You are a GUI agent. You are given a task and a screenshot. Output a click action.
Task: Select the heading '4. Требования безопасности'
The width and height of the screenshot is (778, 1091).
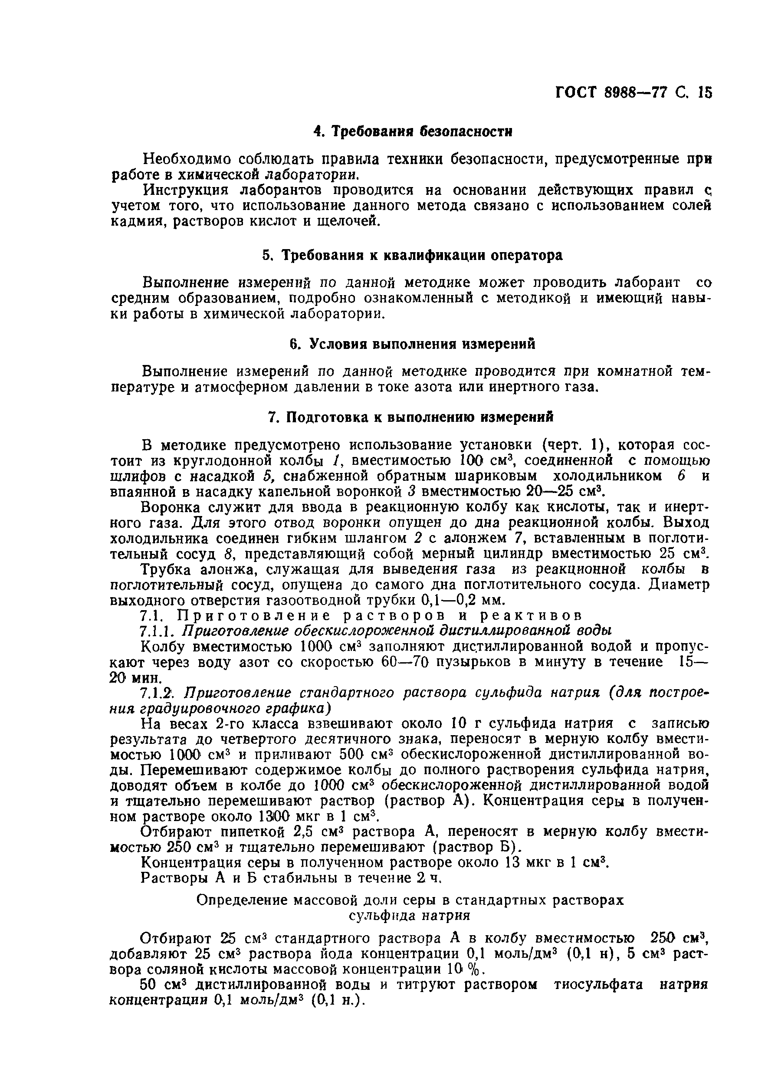coord(413,132)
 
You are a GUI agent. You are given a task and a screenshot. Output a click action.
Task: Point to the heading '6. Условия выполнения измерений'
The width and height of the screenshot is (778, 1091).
coord(413,344)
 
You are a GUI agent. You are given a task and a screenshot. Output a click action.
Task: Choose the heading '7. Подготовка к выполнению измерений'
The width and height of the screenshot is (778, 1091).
coord(410,417)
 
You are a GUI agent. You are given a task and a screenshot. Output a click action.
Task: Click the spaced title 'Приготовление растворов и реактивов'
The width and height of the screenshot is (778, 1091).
coord(380,615)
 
